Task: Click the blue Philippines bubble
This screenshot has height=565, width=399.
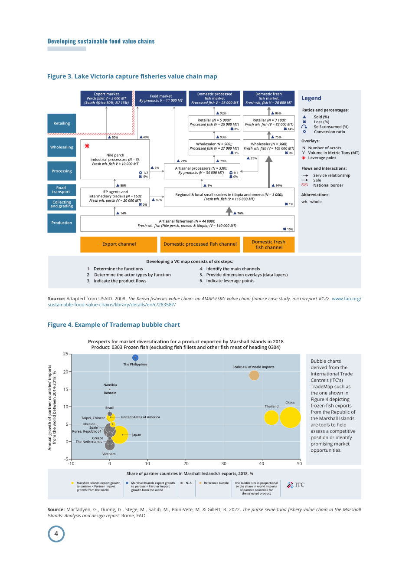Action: tap(135, 358)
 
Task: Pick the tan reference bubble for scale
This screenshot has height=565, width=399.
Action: tap(254, 375)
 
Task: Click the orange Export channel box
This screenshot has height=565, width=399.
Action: tap(119, 244)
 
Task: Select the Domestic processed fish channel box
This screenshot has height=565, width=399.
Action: tap(200, 244)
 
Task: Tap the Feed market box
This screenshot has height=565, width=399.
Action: tap(160, 99)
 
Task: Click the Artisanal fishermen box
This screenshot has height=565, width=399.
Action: tap(187, 223)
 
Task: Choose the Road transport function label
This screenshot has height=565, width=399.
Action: tap(62, 190)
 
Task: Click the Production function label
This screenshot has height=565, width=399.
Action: tap(62, 223)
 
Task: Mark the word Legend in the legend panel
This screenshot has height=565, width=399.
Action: tap(311, 98)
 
